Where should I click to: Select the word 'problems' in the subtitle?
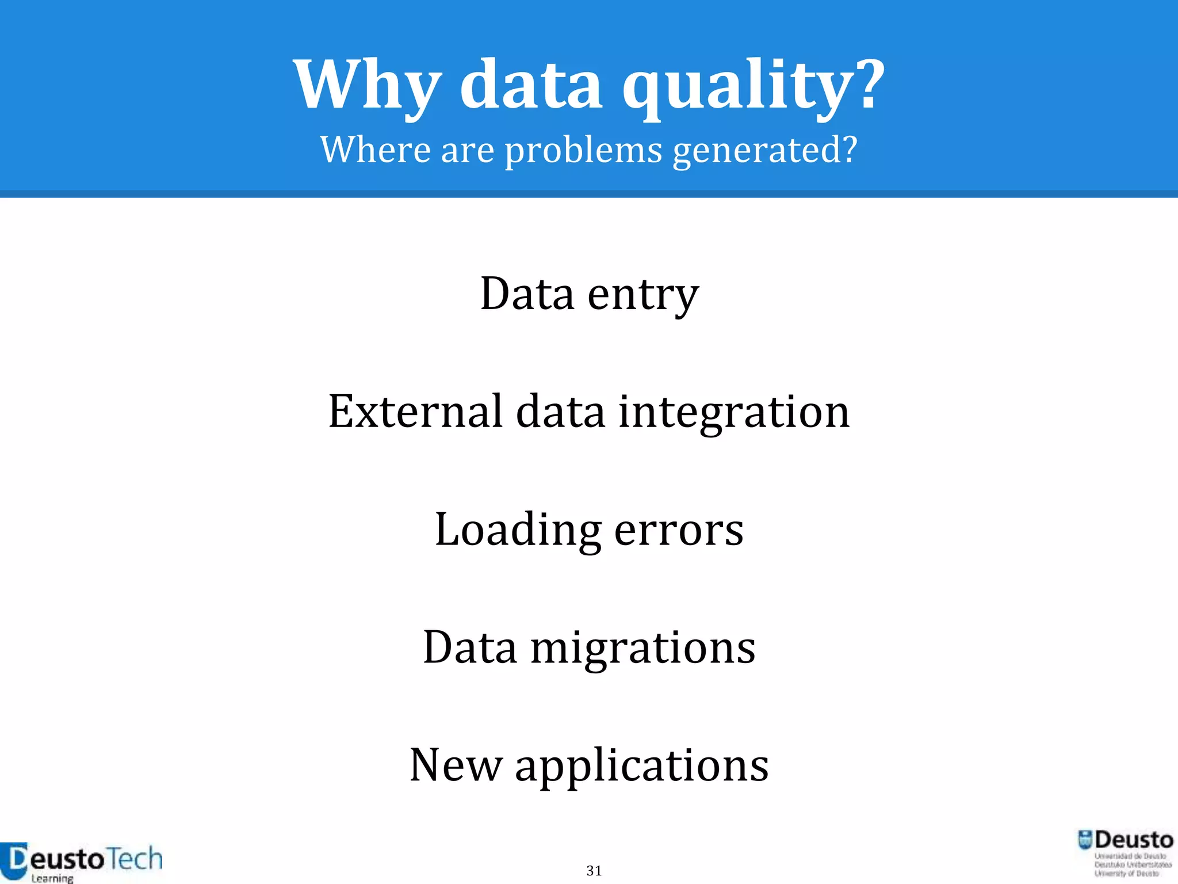[x=583, y=151]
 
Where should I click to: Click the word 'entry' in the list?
[x=643, y=296]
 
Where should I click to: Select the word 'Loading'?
[x=518, y=531]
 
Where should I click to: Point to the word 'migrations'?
[x=642, y=649]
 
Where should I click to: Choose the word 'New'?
[x=456, y=765]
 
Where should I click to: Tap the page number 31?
[x=594, y=871]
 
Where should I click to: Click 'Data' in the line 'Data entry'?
[x=527, y=295]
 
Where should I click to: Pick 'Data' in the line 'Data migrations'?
[x=469, y=648]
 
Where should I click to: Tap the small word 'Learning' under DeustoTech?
[x=52, y=878]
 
